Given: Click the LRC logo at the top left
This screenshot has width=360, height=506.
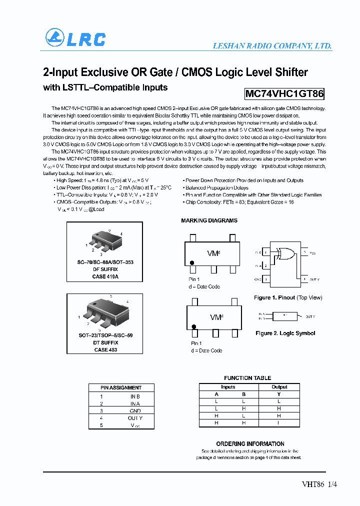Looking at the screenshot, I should pos(75,38).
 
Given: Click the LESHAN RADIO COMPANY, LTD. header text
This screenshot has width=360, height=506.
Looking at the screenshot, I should pos(272,45).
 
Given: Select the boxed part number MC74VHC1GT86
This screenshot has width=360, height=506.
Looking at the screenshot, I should pos(284,93).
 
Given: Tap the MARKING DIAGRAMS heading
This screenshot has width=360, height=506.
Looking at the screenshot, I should pos(209,220).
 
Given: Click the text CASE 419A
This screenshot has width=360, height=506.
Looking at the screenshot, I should pos(105,276).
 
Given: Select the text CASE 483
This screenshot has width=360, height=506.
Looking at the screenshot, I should pos(105,350).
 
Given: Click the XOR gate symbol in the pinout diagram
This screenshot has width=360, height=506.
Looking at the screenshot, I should pos(286,254).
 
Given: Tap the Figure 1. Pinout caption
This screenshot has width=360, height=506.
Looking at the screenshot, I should pos(288,297).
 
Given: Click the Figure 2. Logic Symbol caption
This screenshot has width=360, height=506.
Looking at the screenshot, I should pos(285,333).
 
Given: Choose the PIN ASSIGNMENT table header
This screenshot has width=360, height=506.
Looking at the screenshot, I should pos(121,387).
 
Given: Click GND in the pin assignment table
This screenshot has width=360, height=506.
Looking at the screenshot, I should pos(135,410).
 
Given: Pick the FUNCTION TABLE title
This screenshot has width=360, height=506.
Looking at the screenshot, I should pos(247,378).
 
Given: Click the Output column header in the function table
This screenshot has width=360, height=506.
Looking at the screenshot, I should pos(279,387).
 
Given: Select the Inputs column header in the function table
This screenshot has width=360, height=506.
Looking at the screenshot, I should pos(228,387).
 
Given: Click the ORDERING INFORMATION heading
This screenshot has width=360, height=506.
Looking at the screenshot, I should pos(250,444).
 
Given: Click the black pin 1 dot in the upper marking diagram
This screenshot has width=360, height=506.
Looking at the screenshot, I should pos(192,262).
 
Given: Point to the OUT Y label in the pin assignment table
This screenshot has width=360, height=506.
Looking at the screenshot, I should pos(135,418).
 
